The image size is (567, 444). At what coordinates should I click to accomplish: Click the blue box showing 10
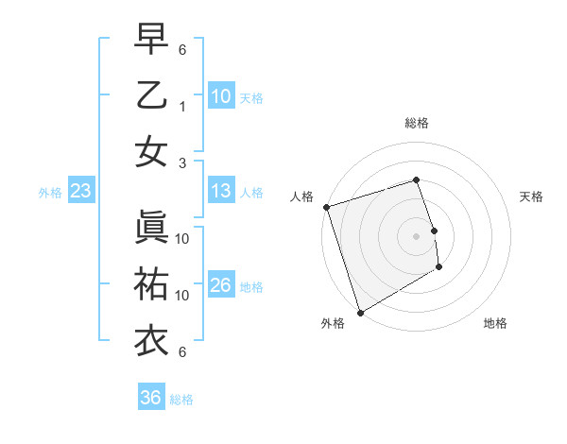(221, 95)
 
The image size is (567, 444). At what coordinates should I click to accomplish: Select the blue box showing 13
(221, 191)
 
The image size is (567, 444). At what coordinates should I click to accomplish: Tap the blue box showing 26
(221, 285)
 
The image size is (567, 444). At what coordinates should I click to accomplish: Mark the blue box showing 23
(81, 192)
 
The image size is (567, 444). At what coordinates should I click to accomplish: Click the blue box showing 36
(151, 398)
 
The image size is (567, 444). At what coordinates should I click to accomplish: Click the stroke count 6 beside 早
(182, 49)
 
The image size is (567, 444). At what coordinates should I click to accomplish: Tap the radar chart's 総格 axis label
(416, 123)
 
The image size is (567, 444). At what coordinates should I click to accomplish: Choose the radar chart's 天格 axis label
(531, 196)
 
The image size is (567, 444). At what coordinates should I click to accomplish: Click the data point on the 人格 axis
(326, 207)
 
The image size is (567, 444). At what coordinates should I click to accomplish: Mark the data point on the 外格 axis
(360, 312)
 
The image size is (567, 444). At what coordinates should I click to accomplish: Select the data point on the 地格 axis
(440, 268)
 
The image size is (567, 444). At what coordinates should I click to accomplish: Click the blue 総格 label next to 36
(181, 400)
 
